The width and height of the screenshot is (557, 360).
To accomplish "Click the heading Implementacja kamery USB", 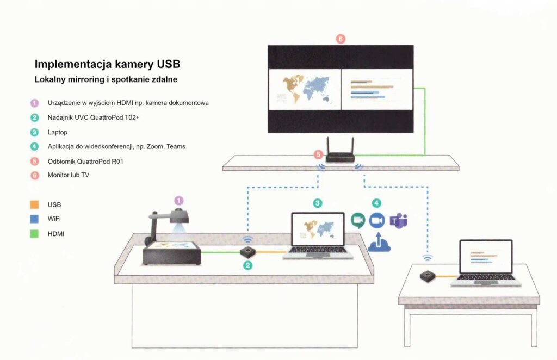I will tap(107, 64).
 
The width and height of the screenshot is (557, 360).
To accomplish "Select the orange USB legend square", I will tap(35, 205).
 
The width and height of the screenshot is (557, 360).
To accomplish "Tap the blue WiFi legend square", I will tap(35, 219).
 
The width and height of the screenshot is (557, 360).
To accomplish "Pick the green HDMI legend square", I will tap(35, 234).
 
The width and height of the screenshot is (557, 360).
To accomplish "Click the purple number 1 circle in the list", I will tap(35, 102).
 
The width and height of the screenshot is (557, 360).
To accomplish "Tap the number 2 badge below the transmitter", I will tap(248, 265).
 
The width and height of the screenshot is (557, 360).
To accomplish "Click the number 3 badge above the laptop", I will tap(318, 203).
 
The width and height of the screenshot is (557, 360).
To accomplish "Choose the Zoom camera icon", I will tap(377, 220).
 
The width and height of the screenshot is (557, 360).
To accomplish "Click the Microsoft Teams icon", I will tap(399, 221).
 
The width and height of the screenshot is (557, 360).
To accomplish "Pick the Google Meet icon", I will tap(358, 220).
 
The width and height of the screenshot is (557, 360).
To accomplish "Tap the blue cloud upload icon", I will tap(380, 243).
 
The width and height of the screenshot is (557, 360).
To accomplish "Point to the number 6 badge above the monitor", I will tap(341, 39).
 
